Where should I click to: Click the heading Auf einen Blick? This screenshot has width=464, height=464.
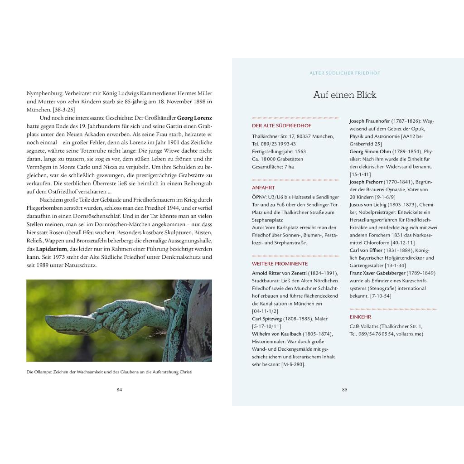344,95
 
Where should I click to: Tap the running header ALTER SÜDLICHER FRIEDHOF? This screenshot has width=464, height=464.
344,72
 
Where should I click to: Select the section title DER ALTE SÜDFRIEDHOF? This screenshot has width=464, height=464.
281,126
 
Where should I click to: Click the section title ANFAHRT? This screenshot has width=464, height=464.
263,188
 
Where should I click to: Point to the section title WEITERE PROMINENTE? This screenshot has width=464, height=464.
280,264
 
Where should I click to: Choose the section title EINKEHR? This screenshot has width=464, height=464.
360,317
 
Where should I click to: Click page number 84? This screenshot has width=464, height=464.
119,390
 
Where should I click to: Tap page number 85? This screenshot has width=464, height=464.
344,390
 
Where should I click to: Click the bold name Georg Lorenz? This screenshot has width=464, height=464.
194,118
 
